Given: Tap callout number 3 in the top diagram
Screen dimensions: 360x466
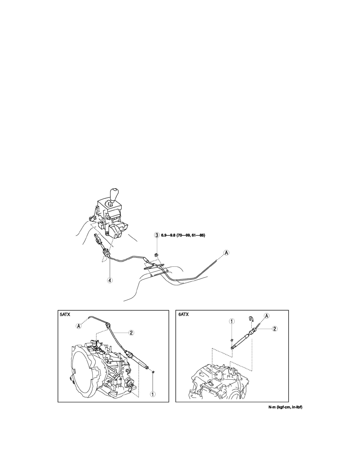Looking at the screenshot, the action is point(156,235).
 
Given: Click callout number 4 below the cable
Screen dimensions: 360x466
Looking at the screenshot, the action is point(110,280).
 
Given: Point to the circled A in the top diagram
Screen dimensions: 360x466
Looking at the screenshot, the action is point(227,253).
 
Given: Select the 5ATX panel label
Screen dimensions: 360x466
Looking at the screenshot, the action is point(65,315).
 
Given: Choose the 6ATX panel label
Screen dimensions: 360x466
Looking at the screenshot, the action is point(184,315).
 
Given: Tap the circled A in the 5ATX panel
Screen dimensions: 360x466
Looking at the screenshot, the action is point(79,326).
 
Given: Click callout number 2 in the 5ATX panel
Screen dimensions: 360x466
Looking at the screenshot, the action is point(131,333).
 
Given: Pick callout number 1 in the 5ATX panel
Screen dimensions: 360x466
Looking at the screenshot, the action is point(153,394).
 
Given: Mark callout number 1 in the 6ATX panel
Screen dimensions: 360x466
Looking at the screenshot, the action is point(232,321).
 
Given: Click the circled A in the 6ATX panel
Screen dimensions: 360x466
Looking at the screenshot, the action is point(266,316).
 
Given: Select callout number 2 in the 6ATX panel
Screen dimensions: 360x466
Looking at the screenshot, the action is point(275,329).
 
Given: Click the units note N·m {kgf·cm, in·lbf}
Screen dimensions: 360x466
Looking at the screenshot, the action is point(285,407).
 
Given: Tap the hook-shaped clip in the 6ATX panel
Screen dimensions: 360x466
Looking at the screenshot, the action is point(250,319).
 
